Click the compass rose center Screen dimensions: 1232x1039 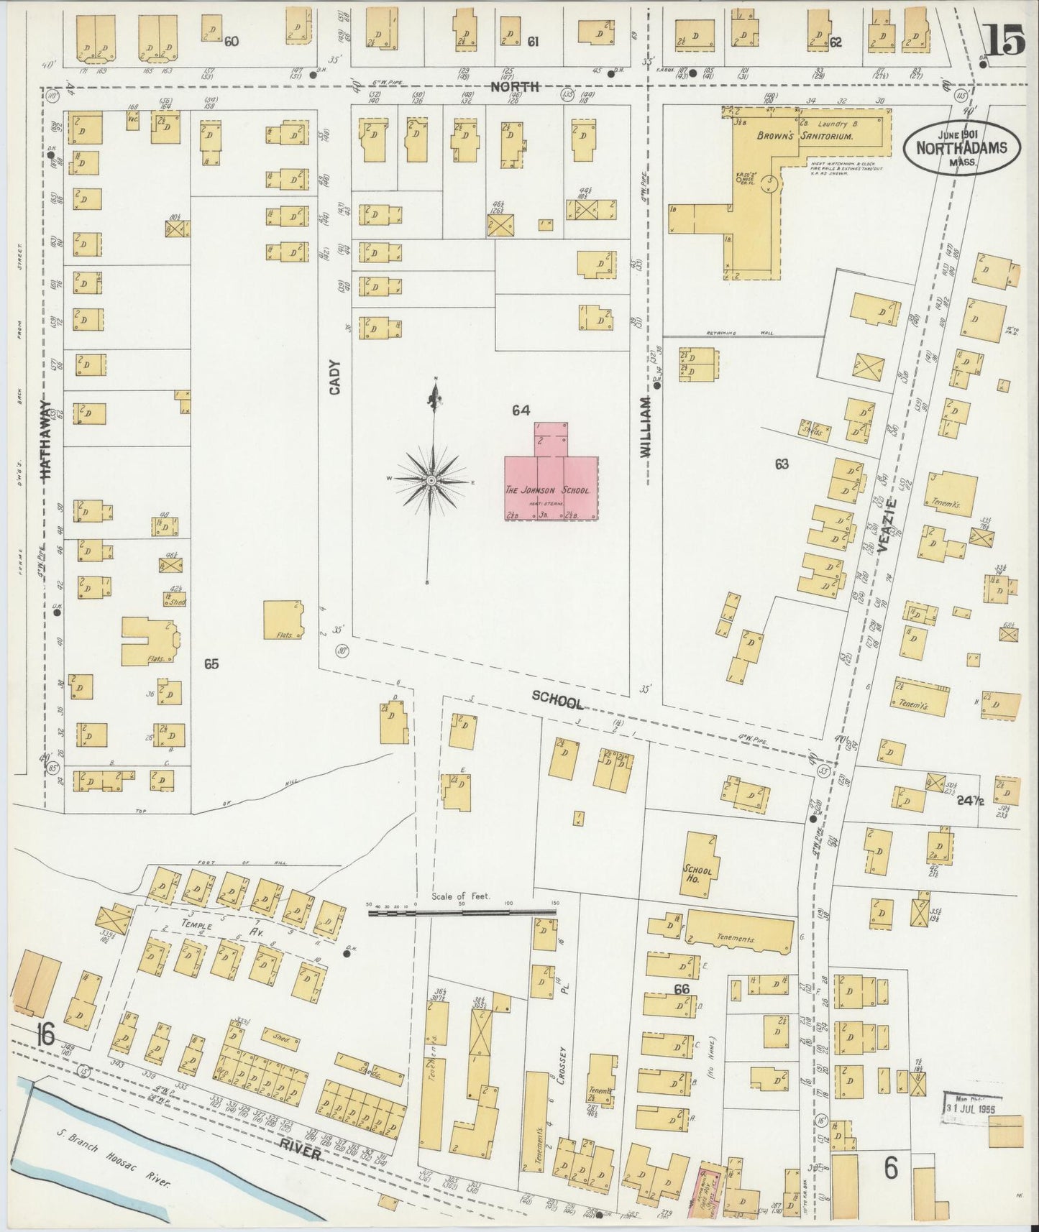click(x=431, y=479)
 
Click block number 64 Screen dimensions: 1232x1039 click(x=521, y=410)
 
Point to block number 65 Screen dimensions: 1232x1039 click(x=211, y=664)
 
